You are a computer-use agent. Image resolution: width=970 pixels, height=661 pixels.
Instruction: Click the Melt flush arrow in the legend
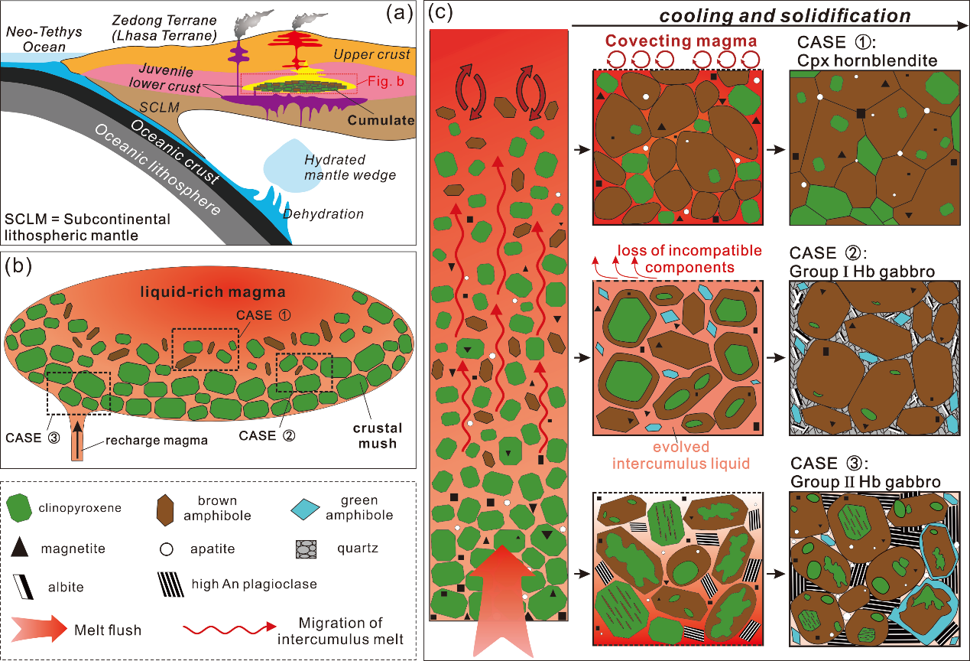(x=36, y=630)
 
